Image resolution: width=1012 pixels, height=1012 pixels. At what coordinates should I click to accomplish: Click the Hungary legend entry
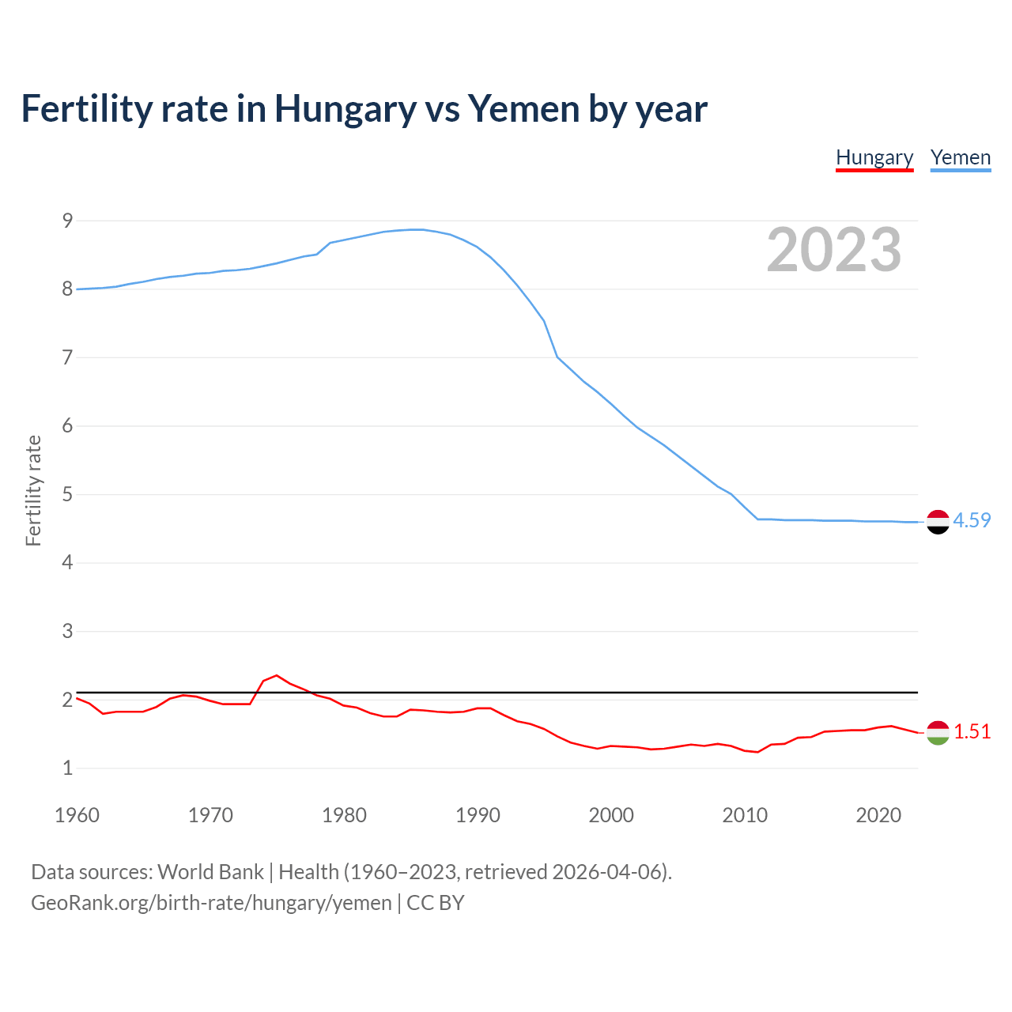tap(874, 157)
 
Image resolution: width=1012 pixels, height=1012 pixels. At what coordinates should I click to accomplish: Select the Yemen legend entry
tap(960, 157)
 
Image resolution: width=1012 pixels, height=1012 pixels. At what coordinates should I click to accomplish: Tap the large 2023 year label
tap(834, 250)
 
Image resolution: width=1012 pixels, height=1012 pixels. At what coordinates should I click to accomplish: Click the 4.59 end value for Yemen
tap(972, 520)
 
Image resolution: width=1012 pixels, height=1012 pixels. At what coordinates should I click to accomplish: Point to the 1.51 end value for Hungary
tap(972, 731)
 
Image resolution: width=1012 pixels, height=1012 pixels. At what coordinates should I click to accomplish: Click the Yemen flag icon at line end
tap(938, 522)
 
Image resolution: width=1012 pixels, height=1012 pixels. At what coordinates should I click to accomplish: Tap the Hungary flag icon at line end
tap(938, 733)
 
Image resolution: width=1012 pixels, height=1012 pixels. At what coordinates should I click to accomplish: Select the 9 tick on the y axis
tap(67, 221)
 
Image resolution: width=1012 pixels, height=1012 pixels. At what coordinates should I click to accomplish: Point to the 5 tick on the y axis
tap(67, 495)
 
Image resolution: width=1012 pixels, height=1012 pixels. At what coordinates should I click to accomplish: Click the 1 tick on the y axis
tap(67, 768)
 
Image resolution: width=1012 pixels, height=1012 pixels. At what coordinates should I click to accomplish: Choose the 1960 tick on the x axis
tap(77, 815)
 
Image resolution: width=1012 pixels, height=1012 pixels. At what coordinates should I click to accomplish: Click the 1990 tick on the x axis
tap(478, 815)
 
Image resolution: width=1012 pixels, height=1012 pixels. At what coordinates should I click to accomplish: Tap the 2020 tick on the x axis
tap(878, 815)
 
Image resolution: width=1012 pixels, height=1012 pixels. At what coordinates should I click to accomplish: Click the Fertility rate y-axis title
tap(33, 490)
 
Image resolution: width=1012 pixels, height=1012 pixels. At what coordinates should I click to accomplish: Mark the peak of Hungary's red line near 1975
tap(276, 675)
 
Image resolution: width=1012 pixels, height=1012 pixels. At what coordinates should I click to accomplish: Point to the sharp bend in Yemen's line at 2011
tap(757, 519)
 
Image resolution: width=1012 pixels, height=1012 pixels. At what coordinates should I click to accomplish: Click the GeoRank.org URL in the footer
tap(211, 903)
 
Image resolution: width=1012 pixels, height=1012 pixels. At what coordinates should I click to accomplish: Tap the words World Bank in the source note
tap(210, 872)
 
